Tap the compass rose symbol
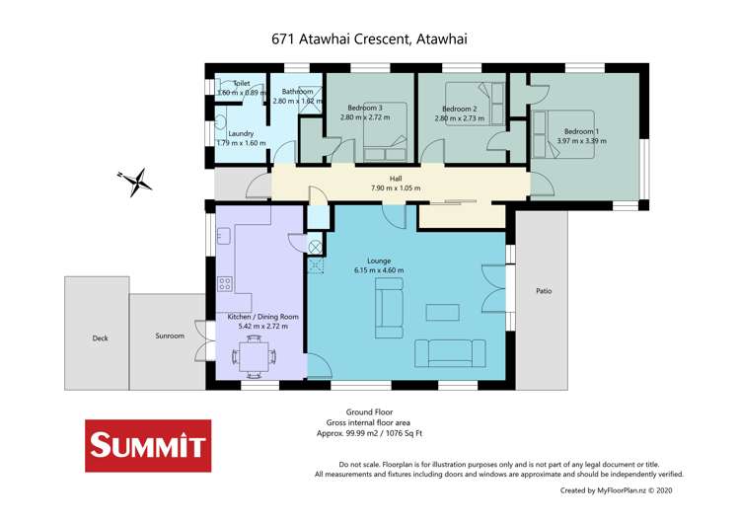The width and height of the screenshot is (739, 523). [x=134, y=182]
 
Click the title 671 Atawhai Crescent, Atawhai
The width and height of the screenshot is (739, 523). [x=369, y=39]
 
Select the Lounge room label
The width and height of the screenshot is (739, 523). [x=380, y=261]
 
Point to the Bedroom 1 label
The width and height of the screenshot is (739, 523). [x=581, y=131]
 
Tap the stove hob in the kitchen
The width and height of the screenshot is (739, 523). [x=224, y=284]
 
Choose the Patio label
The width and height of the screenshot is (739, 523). [x=544, y=291]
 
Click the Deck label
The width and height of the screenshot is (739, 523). [x=100, y=337]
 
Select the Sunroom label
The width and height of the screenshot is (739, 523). [x=169, y=336]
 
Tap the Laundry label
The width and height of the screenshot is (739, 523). [x=241, y=134]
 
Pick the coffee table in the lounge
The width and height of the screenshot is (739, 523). [x=442, y=312]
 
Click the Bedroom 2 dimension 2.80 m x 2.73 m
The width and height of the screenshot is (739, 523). [x=460, y=118]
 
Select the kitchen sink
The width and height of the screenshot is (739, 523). [x=224, y=235]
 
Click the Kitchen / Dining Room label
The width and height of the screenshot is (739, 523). [x=262, y=316]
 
